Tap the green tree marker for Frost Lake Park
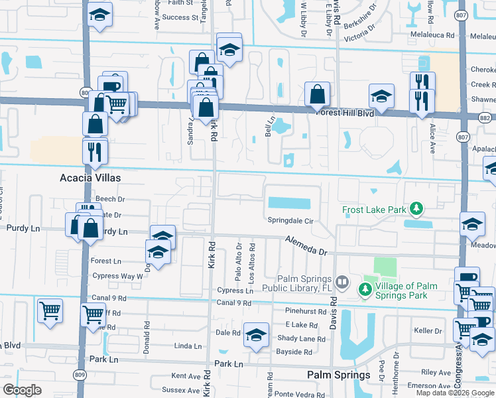(x=416, y=210)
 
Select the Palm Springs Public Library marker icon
(x=342, y=283)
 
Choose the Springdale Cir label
(x=290, y=220)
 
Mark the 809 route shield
(x=81, y=375)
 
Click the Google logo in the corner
(x=22, y=390)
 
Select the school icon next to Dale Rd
(x=256, y=335)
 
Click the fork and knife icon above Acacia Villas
(x=95, y=151)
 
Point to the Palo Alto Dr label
(x=239, y=256)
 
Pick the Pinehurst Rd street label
(x=305, y=311)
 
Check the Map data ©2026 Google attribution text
(x=454, y=393)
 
